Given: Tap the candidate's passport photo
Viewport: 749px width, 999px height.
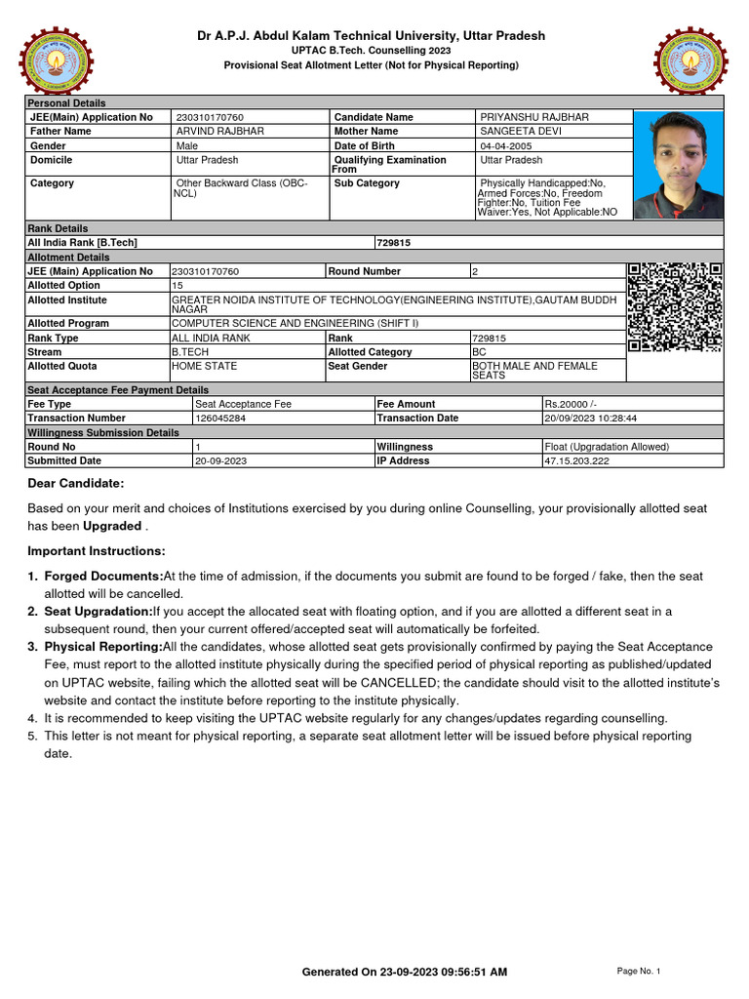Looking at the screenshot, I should (x=679, y=164).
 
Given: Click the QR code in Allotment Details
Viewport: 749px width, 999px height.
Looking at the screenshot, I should (x=675, y=306).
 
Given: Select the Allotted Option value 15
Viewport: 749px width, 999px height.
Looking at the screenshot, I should (x=177, y=285).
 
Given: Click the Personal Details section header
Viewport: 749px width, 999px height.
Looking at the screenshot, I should (x=66, y=102).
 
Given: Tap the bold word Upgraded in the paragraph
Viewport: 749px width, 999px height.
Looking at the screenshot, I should (x=112, y=526).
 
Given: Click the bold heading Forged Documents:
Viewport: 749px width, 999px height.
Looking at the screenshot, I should (x=103, y=577).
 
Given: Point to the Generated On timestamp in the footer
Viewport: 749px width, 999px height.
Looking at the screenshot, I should (x=404, y=972).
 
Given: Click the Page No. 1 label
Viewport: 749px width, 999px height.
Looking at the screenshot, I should (x=639, y=972).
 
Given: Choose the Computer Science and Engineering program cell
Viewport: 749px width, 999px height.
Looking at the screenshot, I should (x=295, y=323).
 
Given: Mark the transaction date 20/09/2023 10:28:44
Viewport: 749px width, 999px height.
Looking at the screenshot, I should (x=590, y=418).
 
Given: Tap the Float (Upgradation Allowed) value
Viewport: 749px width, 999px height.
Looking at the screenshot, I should (x=607, y=447).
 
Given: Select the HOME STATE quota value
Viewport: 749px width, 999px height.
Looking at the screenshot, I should (x=204, y=366).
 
